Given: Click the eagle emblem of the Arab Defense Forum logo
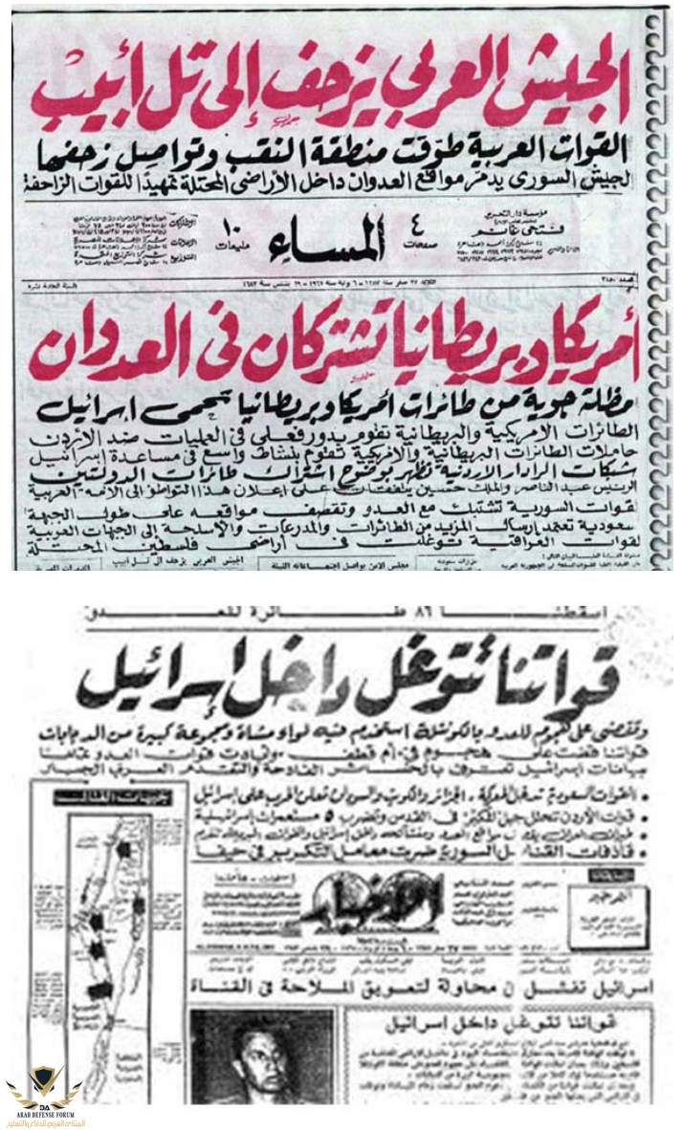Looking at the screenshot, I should [x=44, y=1085].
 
